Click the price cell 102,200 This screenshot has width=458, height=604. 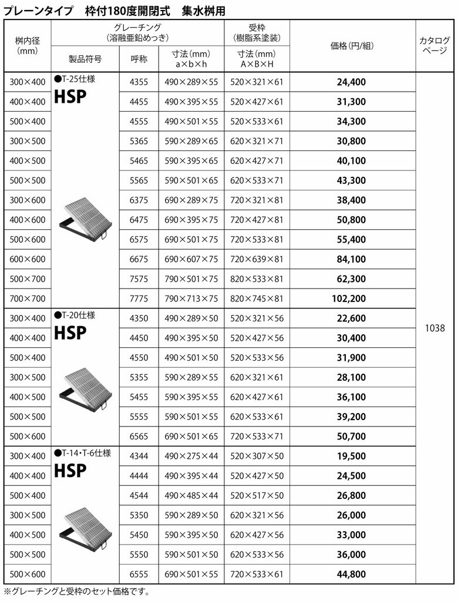click(351, 298)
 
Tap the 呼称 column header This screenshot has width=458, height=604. click(139, 59)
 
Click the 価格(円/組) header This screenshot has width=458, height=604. click(351, 46)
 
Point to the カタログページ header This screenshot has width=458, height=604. click(436, 45)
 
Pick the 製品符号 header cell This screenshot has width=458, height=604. click(85, 59)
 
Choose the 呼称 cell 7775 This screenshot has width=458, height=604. click(139, 298)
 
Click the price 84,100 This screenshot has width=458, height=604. click(351, 259)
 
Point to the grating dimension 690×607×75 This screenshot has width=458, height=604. click(191, 259)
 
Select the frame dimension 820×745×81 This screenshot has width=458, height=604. click(257, 298)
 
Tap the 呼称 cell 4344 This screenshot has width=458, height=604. click(139, 456)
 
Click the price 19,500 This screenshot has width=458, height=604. click(351, 456)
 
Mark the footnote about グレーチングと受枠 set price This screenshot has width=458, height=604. click(76, 591)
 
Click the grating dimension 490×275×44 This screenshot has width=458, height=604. click(191, 456)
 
